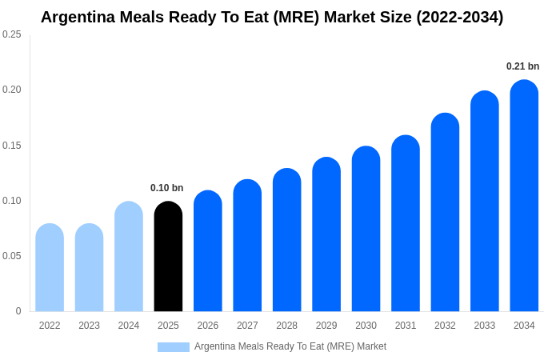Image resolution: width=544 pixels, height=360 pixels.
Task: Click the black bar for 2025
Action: tap(168, 257)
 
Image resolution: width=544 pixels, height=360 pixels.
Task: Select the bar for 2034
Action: tap(524, 196)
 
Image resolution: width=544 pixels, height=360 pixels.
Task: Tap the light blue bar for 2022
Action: tap(50, 268)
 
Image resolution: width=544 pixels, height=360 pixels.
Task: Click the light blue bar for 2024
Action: tap(129, 257)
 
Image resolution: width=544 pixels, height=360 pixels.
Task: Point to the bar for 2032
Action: tap(445, 213)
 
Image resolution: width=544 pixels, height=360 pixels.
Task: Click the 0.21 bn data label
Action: tap(522, 66)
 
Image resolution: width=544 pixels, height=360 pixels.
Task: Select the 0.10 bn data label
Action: tap(166, 188)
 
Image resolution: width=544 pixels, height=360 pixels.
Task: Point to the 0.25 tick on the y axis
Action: tap(12, 34)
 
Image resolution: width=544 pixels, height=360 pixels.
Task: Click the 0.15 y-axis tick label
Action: tap(12, 146)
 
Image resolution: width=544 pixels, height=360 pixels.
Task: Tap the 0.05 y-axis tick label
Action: tap(12, 256)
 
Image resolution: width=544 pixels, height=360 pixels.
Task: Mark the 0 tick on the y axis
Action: tap(18, 311)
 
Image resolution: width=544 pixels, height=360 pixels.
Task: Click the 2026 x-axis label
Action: tap(208, 326)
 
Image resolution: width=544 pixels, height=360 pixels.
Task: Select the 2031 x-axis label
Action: tap(406, 326)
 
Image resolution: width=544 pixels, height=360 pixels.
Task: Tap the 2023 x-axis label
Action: tap(89, 326)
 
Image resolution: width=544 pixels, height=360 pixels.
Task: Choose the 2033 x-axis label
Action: tap(485, 326)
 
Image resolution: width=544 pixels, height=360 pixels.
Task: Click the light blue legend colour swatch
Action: tap(174, 347)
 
